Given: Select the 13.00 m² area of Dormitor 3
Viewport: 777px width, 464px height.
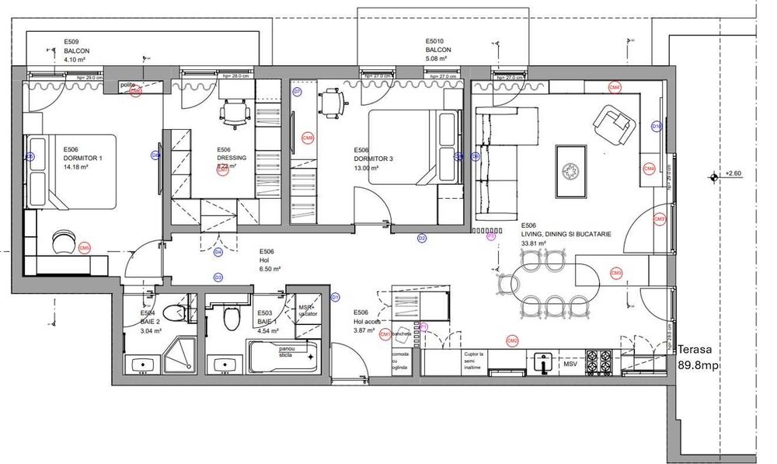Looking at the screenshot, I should [366, 168].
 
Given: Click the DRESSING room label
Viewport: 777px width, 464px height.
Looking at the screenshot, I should [232, 158].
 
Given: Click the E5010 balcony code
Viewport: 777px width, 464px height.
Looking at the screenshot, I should [435, 40].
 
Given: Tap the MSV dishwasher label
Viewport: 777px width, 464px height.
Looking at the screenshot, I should [570, 364].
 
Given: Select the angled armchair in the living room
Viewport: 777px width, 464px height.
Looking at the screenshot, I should [613, 124].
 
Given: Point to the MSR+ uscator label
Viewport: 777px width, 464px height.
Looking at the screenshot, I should [309, 310].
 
